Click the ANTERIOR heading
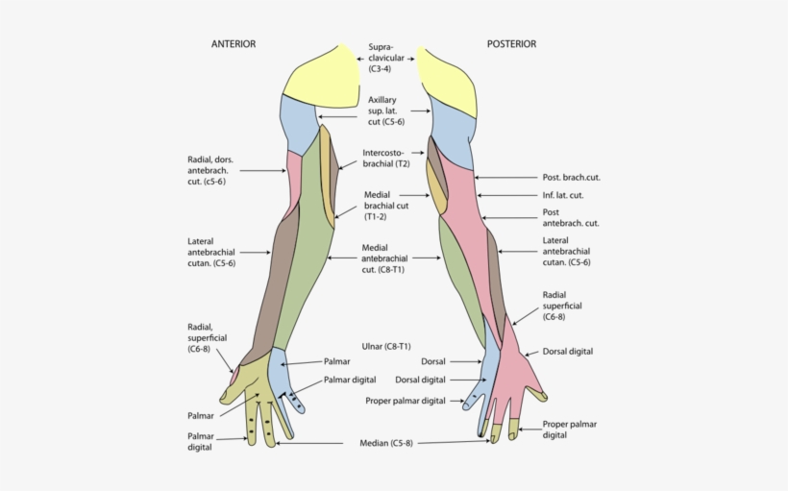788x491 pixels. point(234,44)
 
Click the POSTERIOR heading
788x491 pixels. point(511,44)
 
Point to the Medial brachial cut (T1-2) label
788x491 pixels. point(386,206)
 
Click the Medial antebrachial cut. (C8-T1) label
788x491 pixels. point(383,258)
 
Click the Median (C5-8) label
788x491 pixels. point(384,443)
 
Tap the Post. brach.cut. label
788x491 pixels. point(571,178)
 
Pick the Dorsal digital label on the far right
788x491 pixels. point(568,352)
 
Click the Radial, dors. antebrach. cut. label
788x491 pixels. point(207,170)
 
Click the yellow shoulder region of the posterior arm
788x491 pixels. point(447,82)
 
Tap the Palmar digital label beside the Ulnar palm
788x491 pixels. point(350,381)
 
